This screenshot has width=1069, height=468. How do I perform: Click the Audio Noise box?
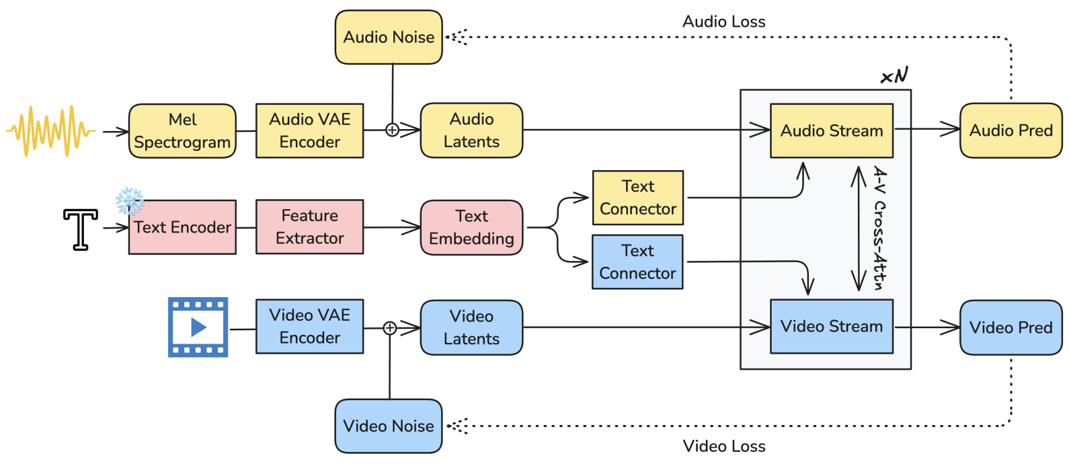389,37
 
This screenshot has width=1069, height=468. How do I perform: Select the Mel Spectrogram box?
182,130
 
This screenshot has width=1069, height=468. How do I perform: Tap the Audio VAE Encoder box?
309,130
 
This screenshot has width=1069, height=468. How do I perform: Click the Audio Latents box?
471,130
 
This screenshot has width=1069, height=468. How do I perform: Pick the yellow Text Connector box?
637,198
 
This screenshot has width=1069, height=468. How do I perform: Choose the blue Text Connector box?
637,262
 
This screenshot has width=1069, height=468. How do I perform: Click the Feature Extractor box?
309,227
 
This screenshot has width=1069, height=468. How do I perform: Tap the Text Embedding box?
471,227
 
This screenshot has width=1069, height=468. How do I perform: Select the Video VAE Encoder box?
309,326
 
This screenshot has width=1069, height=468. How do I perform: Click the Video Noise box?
389,426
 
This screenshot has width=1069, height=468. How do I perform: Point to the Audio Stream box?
832,130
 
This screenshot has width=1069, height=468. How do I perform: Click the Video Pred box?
1011,327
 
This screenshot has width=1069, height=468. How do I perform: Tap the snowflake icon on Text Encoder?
130,200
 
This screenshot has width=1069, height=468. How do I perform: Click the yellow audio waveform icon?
50,131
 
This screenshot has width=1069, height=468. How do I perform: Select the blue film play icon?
198,327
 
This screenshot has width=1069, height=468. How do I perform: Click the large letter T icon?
80,229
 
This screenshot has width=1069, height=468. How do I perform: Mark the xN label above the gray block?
894,75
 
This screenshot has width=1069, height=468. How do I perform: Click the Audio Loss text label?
723,22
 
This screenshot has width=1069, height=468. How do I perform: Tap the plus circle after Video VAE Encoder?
390,328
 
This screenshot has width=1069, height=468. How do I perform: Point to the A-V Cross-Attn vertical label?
879,228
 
